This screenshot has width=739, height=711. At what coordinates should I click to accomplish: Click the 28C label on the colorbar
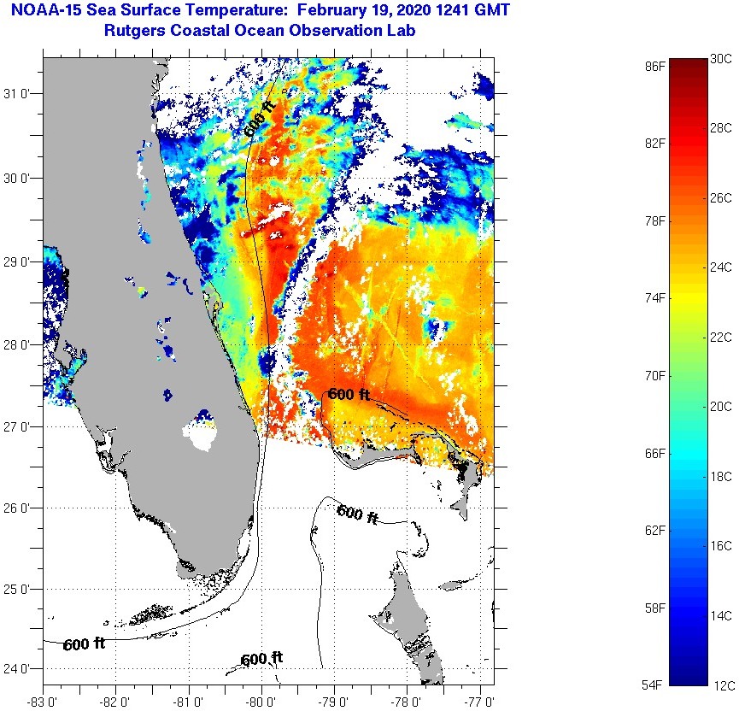[x=721, y=128]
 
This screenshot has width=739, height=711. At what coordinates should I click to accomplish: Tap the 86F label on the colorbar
[x=655, y=66]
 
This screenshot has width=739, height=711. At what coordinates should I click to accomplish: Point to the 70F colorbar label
[x=655, y=376]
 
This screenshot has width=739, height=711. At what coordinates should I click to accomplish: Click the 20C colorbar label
[x=721, y=407]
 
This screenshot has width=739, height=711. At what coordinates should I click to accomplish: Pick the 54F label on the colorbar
[x=655, y=685]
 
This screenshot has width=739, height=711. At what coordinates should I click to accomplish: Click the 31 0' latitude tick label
[x=20, y=94]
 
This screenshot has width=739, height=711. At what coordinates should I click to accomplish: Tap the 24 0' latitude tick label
[x=20, y=669]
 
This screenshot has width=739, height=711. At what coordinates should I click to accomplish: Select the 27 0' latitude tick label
[x=20, y=426]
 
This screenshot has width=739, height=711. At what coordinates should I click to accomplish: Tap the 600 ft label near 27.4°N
[x=349, y=394]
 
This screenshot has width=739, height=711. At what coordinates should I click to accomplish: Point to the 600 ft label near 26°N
[x=357, y=514]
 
